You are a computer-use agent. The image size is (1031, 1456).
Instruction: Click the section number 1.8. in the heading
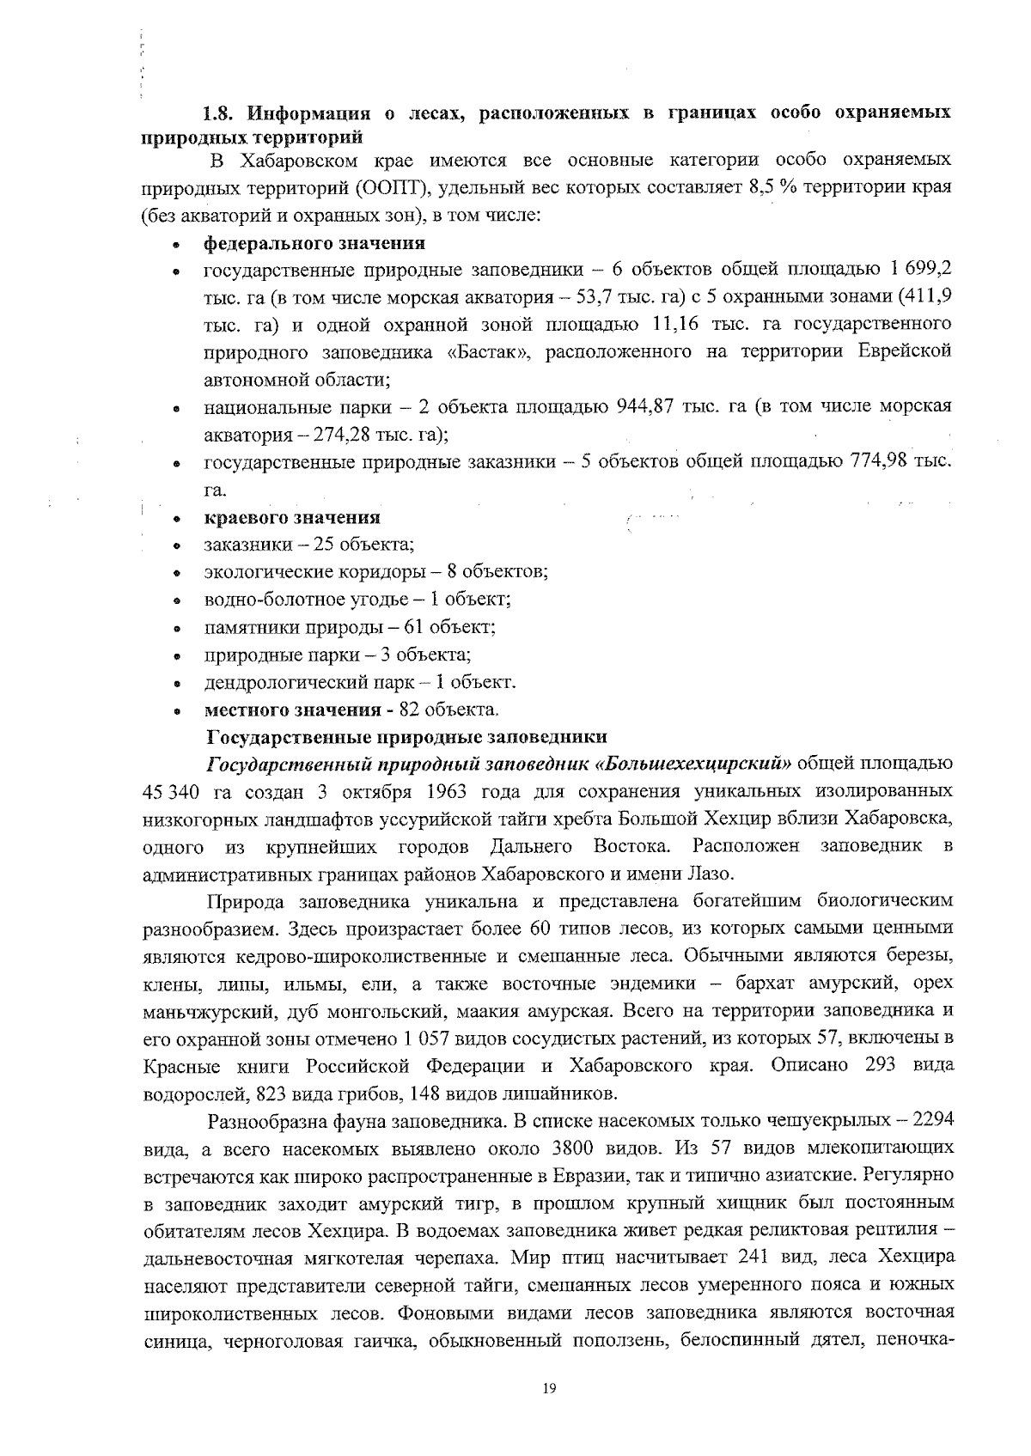pos(219,113)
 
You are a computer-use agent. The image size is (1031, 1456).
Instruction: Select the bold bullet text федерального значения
pos(314,243)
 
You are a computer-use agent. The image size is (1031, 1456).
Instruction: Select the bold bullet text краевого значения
pos(291,518)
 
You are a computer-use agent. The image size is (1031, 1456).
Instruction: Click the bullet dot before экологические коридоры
pos(176,573)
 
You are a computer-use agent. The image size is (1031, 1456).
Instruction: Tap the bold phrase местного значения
pos(292,710)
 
